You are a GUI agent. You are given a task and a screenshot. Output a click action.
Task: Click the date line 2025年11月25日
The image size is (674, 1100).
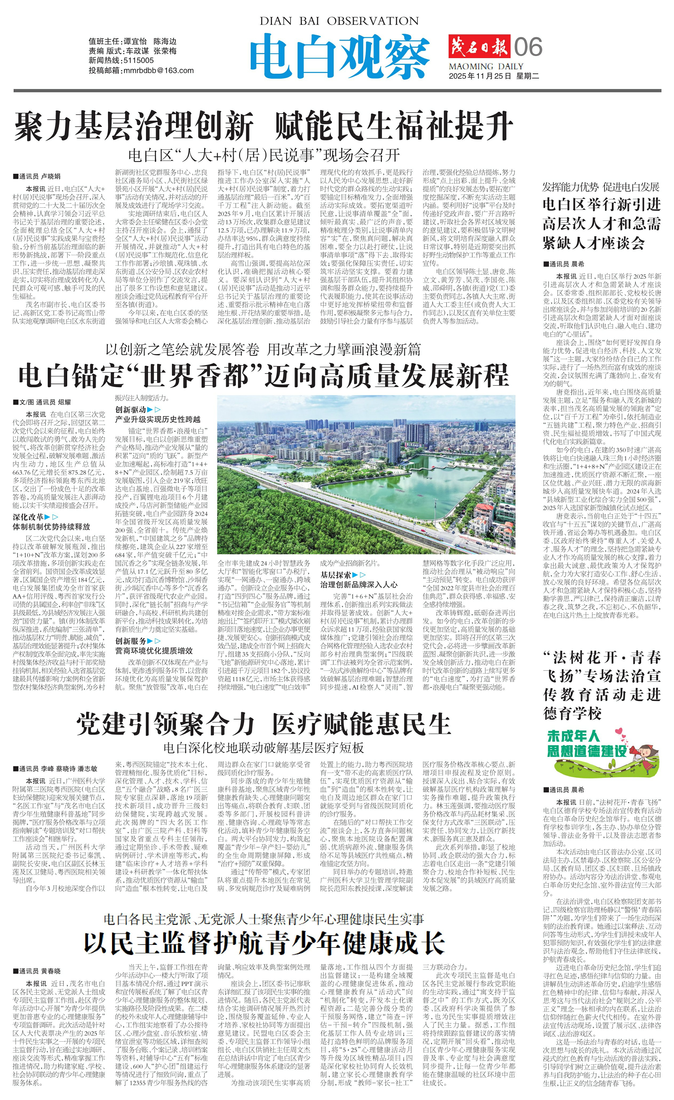(x=480, y=76)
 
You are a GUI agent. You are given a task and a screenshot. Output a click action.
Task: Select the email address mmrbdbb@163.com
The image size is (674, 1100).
(x=158, y=71)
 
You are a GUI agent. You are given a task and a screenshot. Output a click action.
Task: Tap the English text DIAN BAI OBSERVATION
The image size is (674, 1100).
(x=339, y=21)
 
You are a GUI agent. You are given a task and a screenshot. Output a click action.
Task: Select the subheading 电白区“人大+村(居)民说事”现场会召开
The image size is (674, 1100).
(x=264, y=155)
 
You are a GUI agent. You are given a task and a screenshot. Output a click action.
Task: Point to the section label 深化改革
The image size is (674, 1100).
(x=28, y=517)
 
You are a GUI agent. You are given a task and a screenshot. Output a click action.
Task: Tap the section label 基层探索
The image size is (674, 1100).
(x=336, y=575)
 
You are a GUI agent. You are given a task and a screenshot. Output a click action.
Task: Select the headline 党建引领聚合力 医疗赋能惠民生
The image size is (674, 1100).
(x=264, y=724)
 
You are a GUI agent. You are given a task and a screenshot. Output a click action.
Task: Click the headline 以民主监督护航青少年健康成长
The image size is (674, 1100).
(x=264, y=943)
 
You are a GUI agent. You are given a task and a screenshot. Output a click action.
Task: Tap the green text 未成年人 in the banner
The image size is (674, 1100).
(x=573, y=736)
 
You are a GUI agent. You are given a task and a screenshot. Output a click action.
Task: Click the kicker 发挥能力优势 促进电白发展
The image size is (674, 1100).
(x=601, y=187)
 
